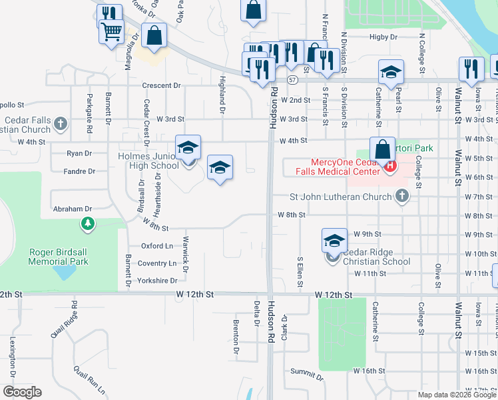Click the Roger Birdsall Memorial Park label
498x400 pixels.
(59, 257)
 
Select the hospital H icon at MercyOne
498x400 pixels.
(391, 165)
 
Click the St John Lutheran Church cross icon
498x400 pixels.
(401, 196)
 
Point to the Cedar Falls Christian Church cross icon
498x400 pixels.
(61, 123)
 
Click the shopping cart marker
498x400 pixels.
(111, 31)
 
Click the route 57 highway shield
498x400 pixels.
(292, 79)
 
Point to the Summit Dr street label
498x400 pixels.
(307, 377)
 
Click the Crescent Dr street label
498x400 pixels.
(161, 85)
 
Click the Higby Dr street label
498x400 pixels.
(383, 37)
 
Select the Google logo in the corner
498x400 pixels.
(22, 392)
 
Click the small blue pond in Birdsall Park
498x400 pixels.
(65, 273)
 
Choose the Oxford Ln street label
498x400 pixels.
(156, 246)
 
